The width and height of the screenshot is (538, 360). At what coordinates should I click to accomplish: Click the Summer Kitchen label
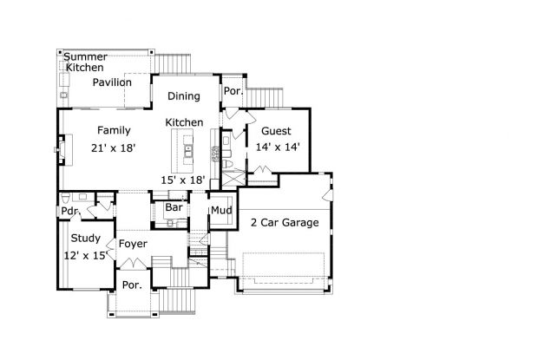pyautogui.click(x=84, y=62)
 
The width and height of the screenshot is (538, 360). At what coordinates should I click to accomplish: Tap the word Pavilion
pyautogui.click(x=113, y=82)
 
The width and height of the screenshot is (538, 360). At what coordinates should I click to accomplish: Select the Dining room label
pyautogui.click(x=184, y=96)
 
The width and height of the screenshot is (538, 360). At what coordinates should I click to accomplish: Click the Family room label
pyautogui.click(x=114, y=130)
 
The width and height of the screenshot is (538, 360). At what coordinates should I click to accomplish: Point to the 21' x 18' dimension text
pyautogui.click(x=114, y=147)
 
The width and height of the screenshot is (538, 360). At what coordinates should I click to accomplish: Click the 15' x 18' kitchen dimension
pyautogui.click(x=183, y=180)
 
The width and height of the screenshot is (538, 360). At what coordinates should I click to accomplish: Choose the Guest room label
pyautogui.click(x=276, y=131)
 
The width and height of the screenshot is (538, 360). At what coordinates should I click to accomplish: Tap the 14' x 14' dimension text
pyautogui.click(x=278, y=147)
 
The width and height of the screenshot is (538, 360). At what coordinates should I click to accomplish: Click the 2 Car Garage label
pyautogui.click(x=285, y=223)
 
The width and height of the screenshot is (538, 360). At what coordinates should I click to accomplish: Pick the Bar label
pyautogui.click(x=174, y=208)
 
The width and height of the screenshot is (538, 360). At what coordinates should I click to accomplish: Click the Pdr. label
pyautogui.click(x=69, y=211)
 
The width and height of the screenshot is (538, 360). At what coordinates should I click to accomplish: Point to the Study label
pyautogui.click(x=86, y=239)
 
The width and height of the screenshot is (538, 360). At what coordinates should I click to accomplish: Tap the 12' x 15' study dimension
pyautogui.click(x=86, y=255)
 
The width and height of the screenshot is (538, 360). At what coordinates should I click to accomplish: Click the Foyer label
pyautogui.click(x=133, y=244)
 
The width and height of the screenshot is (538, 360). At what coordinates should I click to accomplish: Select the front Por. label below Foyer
pyautogui.click(x=132, y=285)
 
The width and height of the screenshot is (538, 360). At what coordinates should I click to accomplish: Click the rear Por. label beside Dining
pyautogui.click(x=233, y=90)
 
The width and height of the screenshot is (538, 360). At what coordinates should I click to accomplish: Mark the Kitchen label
pyautogui.click(x=184, y=123)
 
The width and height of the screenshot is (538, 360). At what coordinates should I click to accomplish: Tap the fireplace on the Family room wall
pyautogui.click(x=59, y=149)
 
